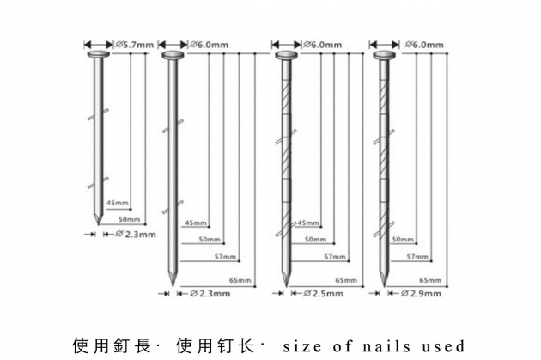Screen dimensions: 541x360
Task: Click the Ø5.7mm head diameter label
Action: (x=134, y=45)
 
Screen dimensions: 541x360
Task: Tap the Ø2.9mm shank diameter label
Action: (x=421, y=294)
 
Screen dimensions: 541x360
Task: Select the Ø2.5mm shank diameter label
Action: (x=323, y=294)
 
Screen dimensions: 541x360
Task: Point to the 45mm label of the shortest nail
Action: (x=118, y=203)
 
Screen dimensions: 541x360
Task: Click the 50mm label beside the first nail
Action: (x=130, y=219)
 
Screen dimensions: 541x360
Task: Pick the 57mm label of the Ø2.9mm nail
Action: (x=417, y=257)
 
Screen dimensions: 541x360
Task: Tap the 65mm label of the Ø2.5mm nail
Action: (x=346, y=280)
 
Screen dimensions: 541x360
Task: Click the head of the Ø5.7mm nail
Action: (x=99, y=54)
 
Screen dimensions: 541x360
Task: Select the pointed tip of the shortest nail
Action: (x=99, y=225)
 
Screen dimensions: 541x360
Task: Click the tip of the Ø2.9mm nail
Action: (x=385, y=286)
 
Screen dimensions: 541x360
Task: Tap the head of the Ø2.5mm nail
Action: (x=286, y=55)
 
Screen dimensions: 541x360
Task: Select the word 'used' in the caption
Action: (x=443, y=346)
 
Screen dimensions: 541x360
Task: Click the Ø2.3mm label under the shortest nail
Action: (x=136, y=235)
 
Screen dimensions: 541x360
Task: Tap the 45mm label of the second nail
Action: (x=196, y=223)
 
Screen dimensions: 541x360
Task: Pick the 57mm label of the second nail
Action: (x=225, y=257)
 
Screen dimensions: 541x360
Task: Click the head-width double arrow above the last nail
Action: (x=385, y=45)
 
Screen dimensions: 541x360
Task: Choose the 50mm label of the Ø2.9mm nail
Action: (x=403, y=240)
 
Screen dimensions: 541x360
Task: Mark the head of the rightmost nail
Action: (x=385, y=55)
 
